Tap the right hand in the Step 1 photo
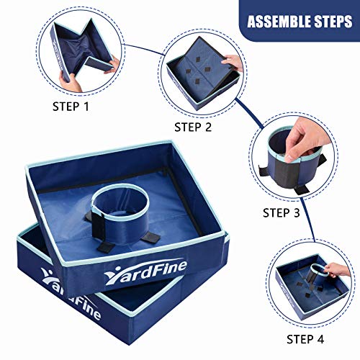point(112,66)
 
